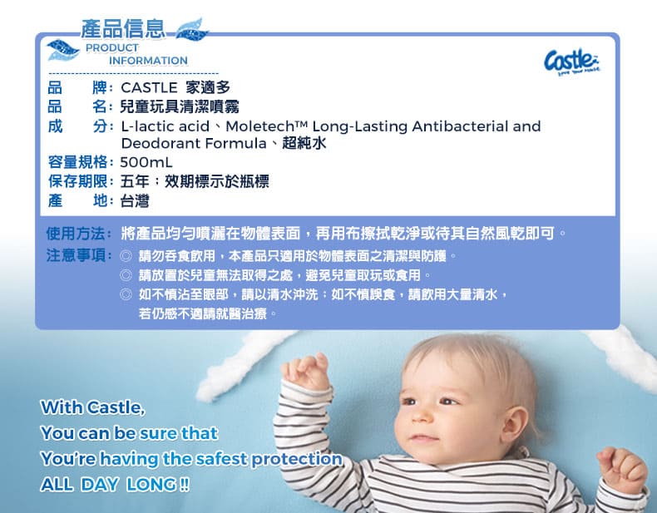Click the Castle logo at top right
pyautogui.click(x=572, y=62)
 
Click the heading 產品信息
pyautogui.click(x=123, y=28)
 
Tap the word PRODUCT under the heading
pyautogui.click(x=112, y=47)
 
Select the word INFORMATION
pyautogui.click(x=148, y=61)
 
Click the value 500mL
pyautogui.click(x=146, y=162)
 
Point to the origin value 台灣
pyautogui.click(x=135, y=200)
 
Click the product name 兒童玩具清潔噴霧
pyautogui.click(x=180, y=106)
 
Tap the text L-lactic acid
pyautogui.click(x=165, y=126)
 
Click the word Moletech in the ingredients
pyautogui.click(x=260, y=126)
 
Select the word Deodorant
pyautogui.click(x=161, y=144)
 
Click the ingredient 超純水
pyautogui.click(x=304, y=143)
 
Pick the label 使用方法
pyautogui.click(x=76, y=234)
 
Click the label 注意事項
pyautogui.click(x=76, y=254)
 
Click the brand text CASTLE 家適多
pyautogui.click(x=175, y=87)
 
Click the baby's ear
pyautogui.click(x=514, y=424)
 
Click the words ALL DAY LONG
pyautogui.click(x=115, y=485)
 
